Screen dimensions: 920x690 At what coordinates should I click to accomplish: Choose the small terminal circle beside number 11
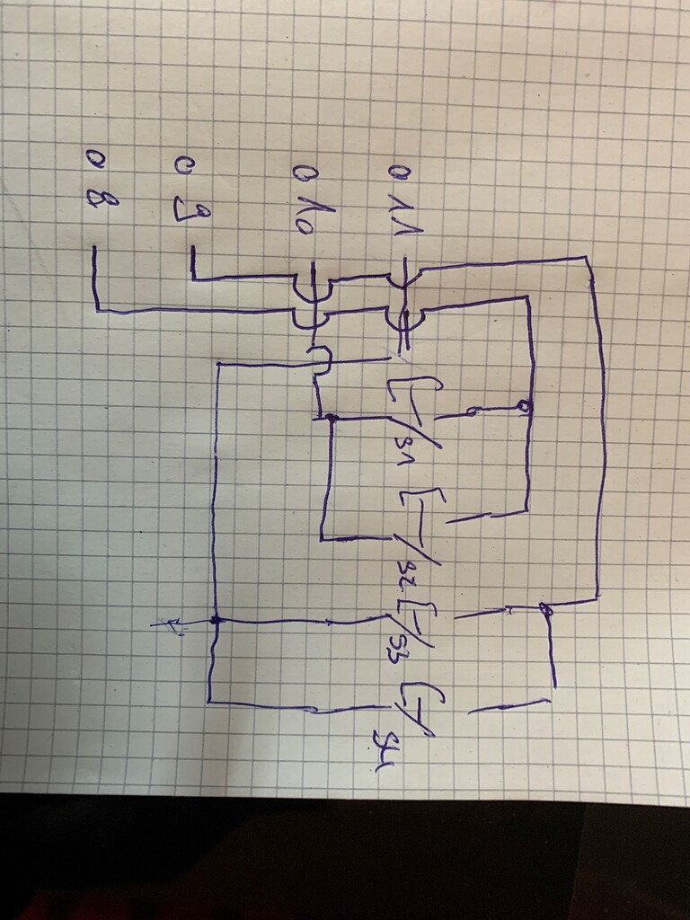pyautogui.click(x=393, y=171)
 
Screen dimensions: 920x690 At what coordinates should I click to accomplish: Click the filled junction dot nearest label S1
pyautogui.click(x=331, y=418)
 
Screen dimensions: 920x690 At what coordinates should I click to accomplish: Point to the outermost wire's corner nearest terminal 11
pyautogui.click(x=588, y=259)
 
